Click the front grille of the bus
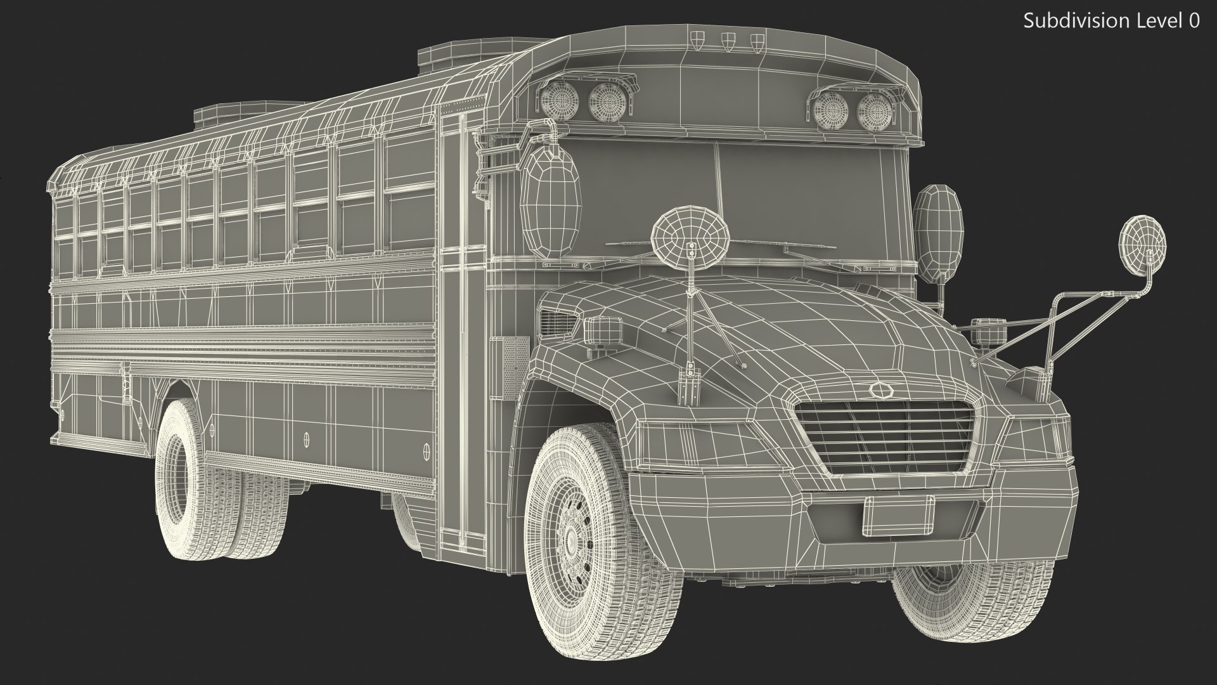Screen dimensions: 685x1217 tap(885, 438)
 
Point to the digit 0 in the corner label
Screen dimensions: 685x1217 tap(1194, 21)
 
